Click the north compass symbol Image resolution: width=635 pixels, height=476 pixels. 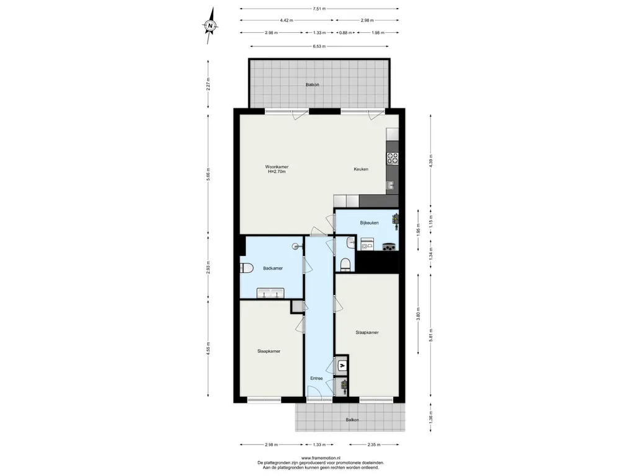tap(210, 25)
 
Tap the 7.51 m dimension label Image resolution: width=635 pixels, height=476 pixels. tap(319, 9)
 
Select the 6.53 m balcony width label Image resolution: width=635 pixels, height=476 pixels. tap(319, 46)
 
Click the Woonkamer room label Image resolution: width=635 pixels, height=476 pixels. tap(277, 167)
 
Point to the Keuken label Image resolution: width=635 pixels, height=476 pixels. tap(361, 169)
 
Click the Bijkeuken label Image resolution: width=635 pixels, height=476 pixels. tap(370, 223)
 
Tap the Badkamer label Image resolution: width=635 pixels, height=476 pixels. tap(273, 268)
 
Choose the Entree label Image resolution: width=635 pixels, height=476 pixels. tap(316, 379)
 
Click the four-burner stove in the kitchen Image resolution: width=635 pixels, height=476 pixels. tap(393, 158)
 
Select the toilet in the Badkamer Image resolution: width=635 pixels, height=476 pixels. tap(247, 268)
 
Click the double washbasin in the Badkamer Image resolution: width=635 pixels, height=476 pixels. tap(270, 293)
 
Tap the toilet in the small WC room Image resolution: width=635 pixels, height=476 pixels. tap(345, 265)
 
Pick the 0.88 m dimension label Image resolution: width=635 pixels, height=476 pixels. tap(345, 33)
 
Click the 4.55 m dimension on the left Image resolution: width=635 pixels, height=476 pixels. tap(208, 349)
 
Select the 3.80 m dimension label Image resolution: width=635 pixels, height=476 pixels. tap(419, 314)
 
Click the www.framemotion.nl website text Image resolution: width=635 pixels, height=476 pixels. tap(321, 458)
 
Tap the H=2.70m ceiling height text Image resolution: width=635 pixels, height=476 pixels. tap(277, 172)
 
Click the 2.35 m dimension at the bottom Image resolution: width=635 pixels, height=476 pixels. tap(374, 445)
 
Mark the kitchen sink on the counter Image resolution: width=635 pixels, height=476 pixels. tap(391, 185)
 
